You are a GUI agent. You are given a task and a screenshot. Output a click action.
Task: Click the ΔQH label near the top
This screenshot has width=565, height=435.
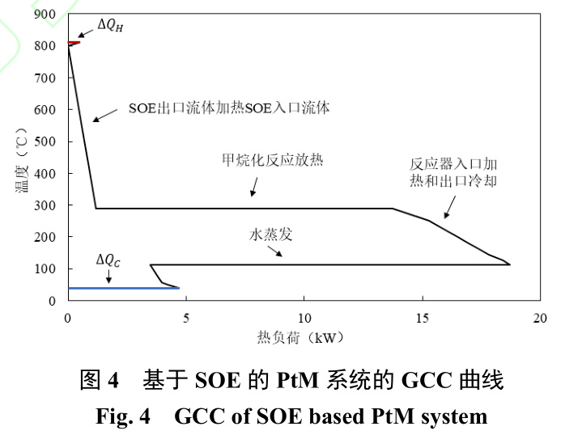(x=110, y=25)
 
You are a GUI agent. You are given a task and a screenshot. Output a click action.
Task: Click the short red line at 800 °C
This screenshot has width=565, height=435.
(x=74, y=42)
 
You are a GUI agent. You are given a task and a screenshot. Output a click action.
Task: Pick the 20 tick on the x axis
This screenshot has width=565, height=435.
(x=541, y=318)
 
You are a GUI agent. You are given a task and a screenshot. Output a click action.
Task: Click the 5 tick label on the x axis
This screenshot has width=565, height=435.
(x=186, y=318)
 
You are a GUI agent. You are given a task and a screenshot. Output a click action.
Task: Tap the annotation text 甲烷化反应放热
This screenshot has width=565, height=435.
(x=273, y=160)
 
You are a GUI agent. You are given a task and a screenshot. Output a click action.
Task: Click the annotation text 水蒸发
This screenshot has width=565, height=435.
(x=271, y=234)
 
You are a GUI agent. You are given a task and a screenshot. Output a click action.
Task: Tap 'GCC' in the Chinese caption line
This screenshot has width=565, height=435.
(x=422, y=379)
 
